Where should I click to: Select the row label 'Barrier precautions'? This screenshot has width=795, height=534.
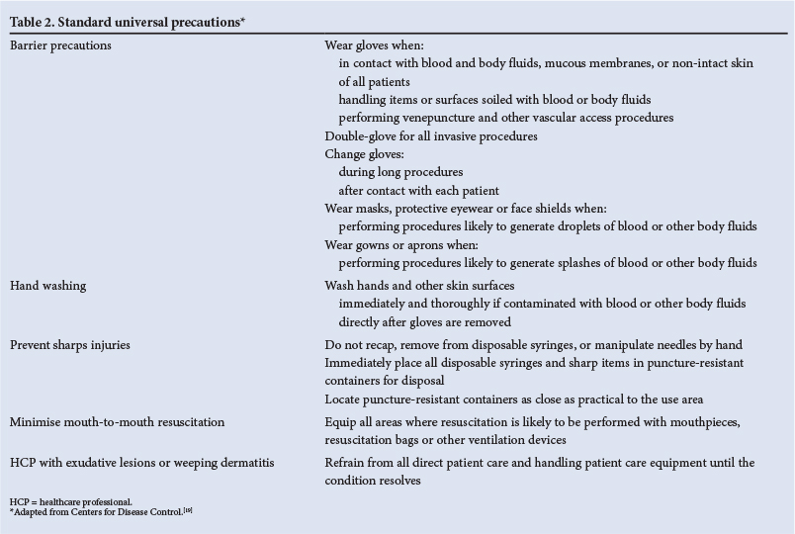60,45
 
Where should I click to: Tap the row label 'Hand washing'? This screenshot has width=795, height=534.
47,286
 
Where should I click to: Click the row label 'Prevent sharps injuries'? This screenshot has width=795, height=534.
69,345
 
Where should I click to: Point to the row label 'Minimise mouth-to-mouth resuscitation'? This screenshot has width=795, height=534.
117,422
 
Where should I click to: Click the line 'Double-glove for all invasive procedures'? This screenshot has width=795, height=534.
431,136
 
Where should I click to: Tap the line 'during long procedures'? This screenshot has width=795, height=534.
400,172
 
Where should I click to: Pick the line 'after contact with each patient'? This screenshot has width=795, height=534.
418,190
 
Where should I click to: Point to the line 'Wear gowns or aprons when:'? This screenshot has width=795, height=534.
401,244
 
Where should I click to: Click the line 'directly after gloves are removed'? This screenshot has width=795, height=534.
424,321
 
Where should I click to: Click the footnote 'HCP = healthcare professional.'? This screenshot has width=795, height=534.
70,502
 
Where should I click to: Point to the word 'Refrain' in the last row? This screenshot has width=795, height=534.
347,463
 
